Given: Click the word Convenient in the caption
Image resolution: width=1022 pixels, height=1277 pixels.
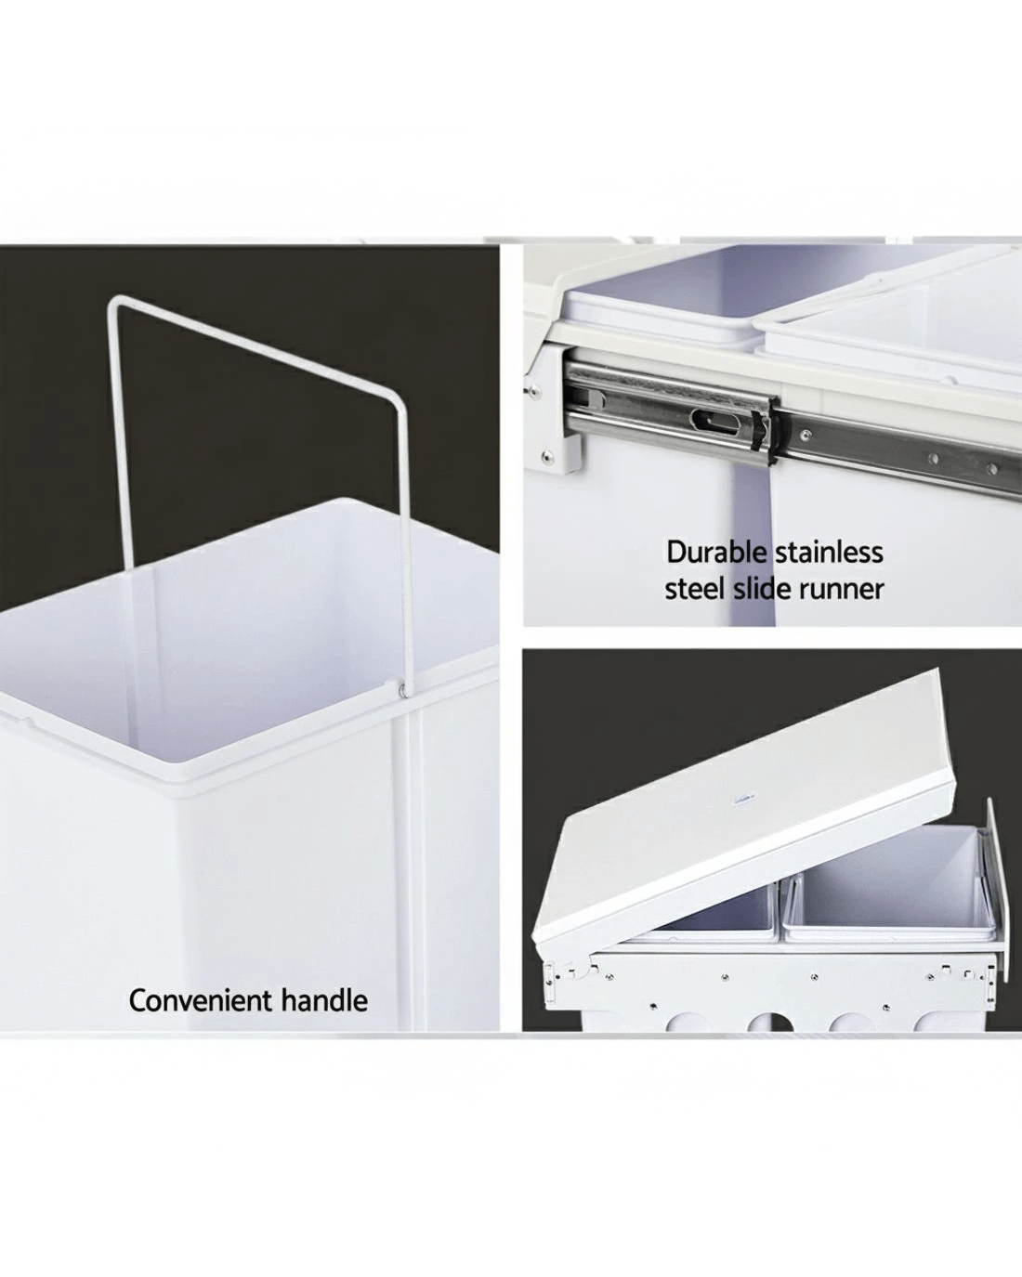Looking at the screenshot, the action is point(200,1000).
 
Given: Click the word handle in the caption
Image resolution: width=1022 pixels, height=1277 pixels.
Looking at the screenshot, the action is point(324,1000).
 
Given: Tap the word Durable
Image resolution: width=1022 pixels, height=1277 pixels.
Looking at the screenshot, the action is point(716,552).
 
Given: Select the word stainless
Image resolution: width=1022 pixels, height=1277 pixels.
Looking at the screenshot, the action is point(830,552).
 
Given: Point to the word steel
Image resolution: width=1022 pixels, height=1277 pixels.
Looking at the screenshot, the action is point(694,589).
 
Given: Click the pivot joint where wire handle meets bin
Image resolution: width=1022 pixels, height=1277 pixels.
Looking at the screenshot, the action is point(402,688).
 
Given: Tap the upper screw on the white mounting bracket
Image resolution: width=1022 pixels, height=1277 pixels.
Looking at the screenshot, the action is point(535,390).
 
